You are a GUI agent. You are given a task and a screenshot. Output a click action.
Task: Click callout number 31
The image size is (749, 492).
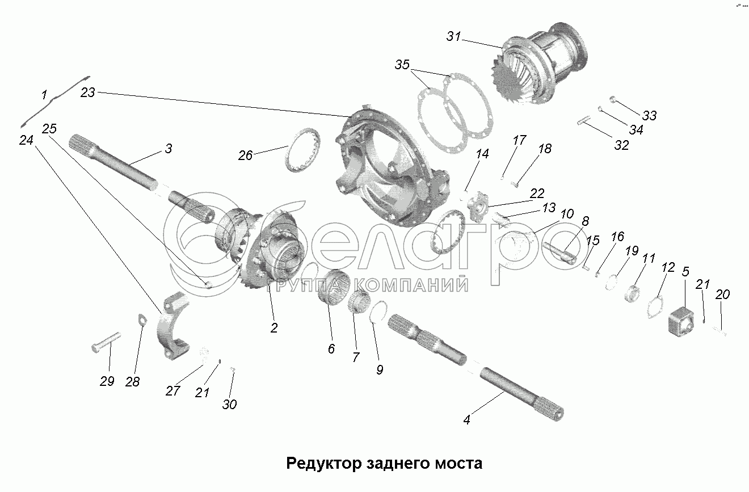point(453,36)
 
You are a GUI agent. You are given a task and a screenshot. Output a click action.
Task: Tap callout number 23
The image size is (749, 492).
point(87,92)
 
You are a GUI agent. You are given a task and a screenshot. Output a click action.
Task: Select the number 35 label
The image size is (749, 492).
point(402,65)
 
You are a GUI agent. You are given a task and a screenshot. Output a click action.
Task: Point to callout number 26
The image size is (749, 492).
point(245,155)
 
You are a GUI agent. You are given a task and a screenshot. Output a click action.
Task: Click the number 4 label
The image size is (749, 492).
point(467,419)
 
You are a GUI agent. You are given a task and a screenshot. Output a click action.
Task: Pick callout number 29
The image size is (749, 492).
point(107,381)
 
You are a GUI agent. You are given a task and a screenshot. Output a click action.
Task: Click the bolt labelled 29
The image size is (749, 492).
point(106,341)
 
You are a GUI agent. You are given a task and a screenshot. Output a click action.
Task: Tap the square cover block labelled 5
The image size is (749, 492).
point(681,322)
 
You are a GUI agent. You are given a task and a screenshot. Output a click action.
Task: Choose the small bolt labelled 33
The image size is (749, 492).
point(613,99)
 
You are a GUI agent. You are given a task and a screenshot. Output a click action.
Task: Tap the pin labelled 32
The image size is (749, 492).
point(584,120)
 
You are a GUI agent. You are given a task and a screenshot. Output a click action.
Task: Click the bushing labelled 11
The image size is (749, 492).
point(632,295)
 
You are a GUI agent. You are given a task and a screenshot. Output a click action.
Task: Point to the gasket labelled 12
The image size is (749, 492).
point(655,306)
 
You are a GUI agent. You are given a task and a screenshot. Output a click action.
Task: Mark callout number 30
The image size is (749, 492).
point(229,405)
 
